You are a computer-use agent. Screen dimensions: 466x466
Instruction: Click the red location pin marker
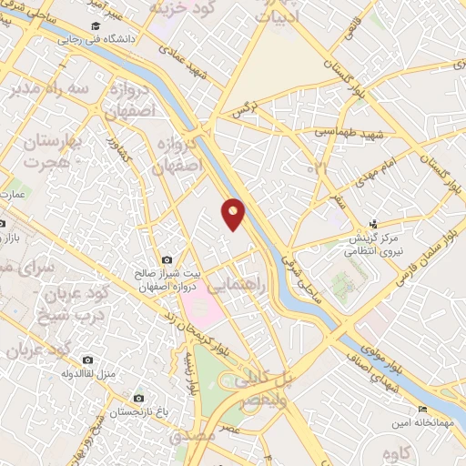(x=234, y=212)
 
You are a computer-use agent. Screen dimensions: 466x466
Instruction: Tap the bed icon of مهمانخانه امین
(x=421, y=410)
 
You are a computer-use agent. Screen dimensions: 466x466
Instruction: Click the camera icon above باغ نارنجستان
(x=138, y=398)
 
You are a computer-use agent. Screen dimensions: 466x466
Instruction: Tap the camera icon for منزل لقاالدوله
(x=87, y=360)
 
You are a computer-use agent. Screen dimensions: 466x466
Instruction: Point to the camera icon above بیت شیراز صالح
(x=166, y=260)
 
